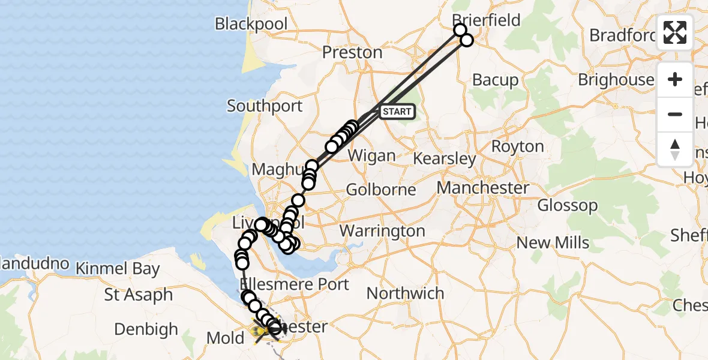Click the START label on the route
[x=397, y=112]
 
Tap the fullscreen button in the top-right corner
[x=675, y=32]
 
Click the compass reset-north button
[x=675, y=149]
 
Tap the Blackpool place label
[x=251, y=24]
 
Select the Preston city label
[x=352, y=52]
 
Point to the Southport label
[x=265, y=106]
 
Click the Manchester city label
[x=482, y=188]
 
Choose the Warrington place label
[x=382, y=231]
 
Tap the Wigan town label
[x=372, y=156]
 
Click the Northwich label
[x=405, y=293]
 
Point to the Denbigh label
[x=146, y=329]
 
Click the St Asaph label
[x=138, y=295]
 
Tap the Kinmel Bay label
[x=118, y=269]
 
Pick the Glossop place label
[x=567, y=206]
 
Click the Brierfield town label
[x=487, y=20]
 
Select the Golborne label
[x=382, y=190]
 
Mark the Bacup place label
[x=495, y=80]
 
